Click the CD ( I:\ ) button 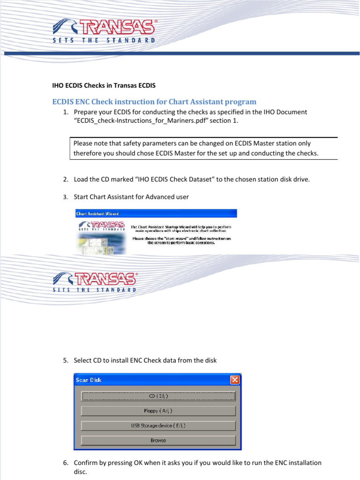point(158,396)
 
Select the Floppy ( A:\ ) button point(158,411)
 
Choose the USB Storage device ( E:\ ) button point(158,426)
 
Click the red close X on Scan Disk point(235,380)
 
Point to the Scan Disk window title point(89,380)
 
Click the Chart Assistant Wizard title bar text point(94,214)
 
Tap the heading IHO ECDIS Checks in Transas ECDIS point(103,86)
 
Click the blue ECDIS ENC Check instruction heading point(154,102)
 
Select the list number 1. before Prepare point(66,112)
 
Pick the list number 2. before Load point(66,180)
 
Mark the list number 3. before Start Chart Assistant point(66,197)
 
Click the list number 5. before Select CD point(66,360)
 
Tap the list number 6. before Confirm point(66,463)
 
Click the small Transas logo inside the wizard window point(101,227)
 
